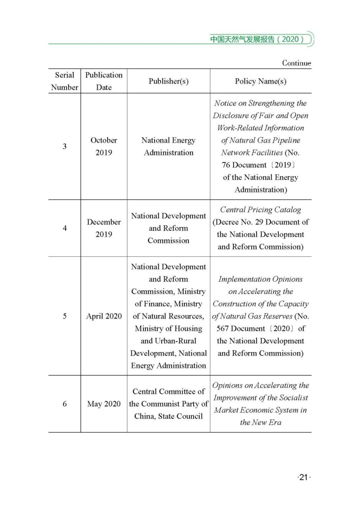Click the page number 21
pos(303,477)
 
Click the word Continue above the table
pos(296,63)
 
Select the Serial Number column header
pos(65,81)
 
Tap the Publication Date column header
pos(104,81)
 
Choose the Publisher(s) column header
pos(168,81)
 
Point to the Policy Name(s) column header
pos(261,81)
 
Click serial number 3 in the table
pos(65,146)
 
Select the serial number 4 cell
pos(65,228)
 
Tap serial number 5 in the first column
pos(65,316)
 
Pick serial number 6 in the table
pos(65,404)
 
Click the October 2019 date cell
pos(104,146)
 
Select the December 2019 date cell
pos(104,228)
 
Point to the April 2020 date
pos(104,316)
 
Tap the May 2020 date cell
pos(104,404)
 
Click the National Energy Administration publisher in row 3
pos(168,146)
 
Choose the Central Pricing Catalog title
pos(260,209)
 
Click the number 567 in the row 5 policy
pos(223,329)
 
